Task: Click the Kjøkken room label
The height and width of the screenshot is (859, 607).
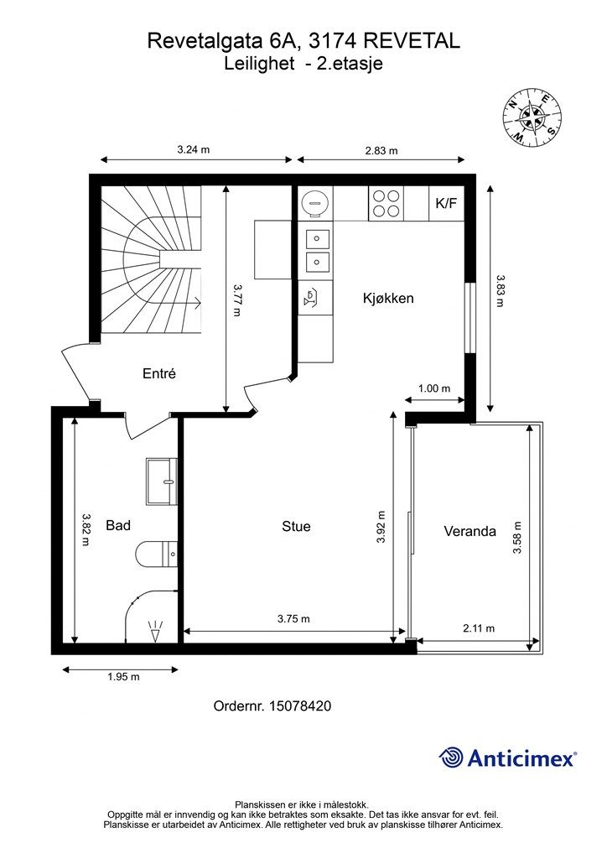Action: [x=388, y=299]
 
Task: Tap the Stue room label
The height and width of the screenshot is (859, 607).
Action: [x=296, y=527]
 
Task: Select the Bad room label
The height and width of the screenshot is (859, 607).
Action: [x=118, y=525]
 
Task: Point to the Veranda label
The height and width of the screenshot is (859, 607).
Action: [x=470, y=531]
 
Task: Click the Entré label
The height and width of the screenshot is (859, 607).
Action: [x=159, y=373]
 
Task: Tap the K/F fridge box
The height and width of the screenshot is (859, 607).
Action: [x=446, y=203]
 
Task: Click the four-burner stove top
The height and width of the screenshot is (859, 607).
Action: [x=386, y=203]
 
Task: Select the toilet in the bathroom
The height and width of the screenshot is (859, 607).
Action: [x=157, y=554]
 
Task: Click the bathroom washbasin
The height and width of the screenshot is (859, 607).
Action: [x=162, y=482]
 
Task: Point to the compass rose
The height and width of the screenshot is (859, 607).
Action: [x=532, y=117]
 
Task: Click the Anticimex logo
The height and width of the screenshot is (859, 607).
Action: [x=507, y=757]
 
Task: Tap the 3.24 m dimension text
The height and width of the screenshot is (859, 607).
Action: [x=193, y=149]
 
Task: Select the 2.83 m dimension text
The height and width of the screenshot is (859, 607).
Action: [x=381, y=151]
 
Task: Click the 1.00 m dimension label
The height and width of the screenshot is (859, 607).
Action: [x=434, y=388]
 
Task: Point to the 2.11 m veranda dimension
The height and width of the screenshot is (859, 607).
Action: [x=479, y=628]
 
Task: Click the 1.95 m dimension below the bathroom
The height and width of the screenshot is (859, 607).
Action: [x=123, y=677]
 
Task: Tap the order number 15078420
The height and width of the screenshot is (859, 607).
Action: [x=300, y=705]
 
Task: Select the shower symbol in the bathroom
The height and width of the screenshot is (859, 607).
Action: [x=156, y=631]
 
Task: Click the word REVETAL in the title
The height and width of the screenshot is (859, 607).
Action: [x=411, y=41]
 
